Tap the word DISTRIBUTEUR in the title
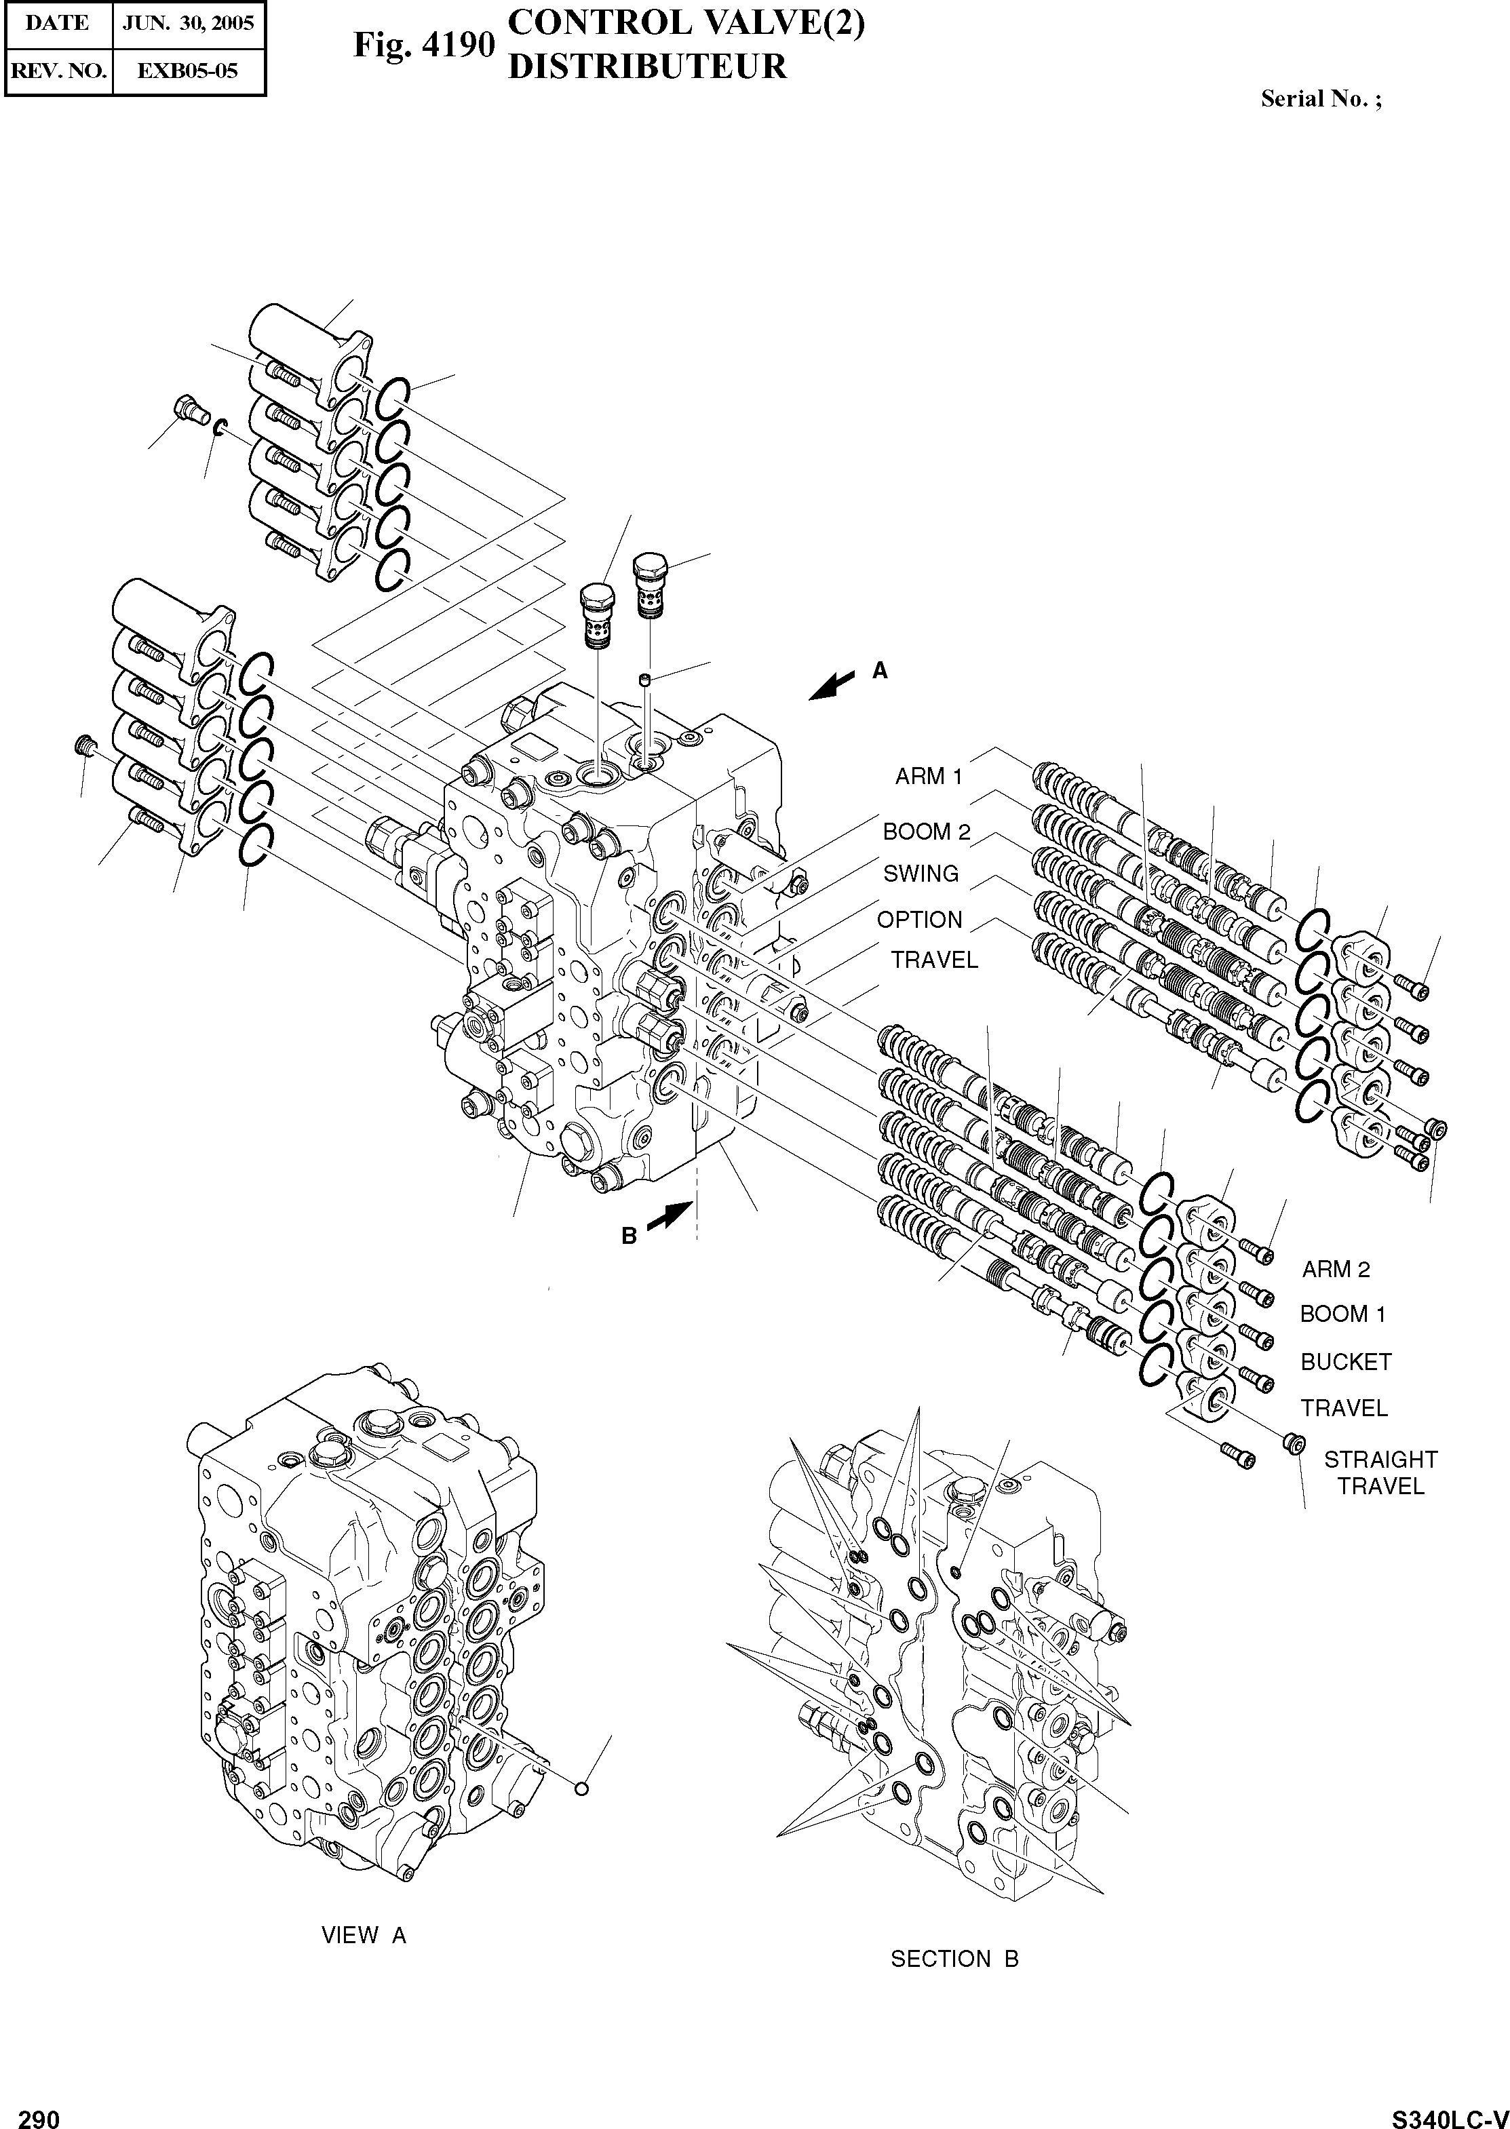pyautogui.click(x=647, y=67)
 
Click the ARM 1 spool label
pyautogui.click(x=928, y=777)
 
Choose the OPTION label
pyautogui.click(x=920, y=920)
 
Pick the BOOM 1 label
pyautogui.click(x=1342, y=1314)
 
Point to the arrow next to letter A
pyautogui.click(x=833, y=685)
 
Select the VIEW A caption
pyautogui.click(x=364, y=1936)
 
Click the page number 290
pyautogui.click(x=39, y=2115)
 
